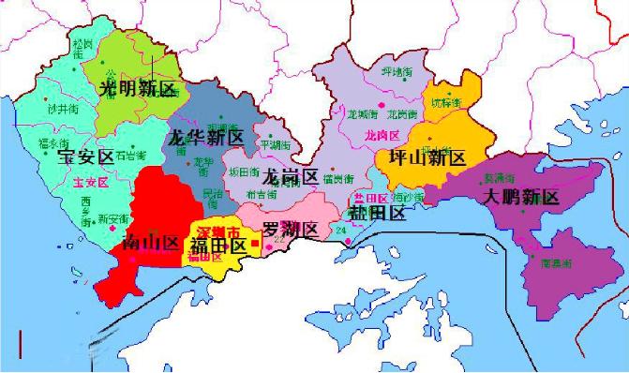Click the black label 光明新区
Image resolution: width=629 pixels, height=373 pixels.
pos(138,89)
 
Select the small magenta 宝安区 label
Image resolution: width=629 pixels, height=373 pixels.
pos(75,181)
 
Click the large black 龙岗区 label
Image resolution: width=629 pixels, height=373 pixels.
pos(290,176)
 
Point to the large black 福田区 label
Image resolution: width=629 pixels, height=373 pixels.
pos(217,246)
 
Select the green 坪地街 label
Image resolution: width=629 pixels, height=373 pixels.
pos(397,71)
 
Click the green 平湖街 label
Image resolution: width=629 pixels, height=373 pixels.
pos(275,146)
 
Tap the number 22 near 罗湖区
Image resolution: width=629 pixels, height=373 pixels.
pos(278,241)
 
